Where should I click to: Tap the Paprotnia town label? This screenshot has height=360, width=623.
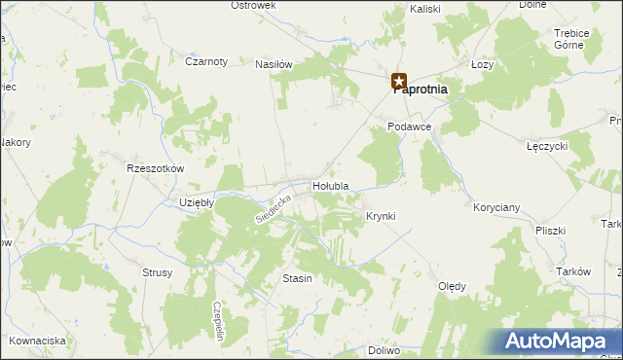[x=421, y=90]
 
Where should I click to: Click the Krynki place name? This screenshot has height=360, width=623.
[x=381, y=216]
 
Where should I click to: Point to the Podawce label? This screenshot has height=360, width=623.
[x=409, y=127]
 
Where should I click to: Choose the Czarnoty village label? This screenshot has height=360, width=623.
[x=205, y=61]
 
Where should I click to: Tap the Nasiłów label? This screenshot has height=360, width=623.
[x=274, y=64]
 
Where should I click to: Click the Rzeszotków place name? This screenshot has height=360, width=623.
[x=155, y=168]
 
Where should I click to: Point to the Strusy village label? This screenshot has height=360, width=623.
[x=157, y=273]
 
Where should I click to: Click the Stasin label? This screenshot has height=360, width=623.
[x=297, y=279]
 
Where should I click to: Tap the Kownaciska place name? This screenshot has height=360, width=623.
[x=37, y=341]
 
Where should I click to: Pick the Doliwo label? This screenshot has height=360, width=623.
[x=385, y=349]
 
